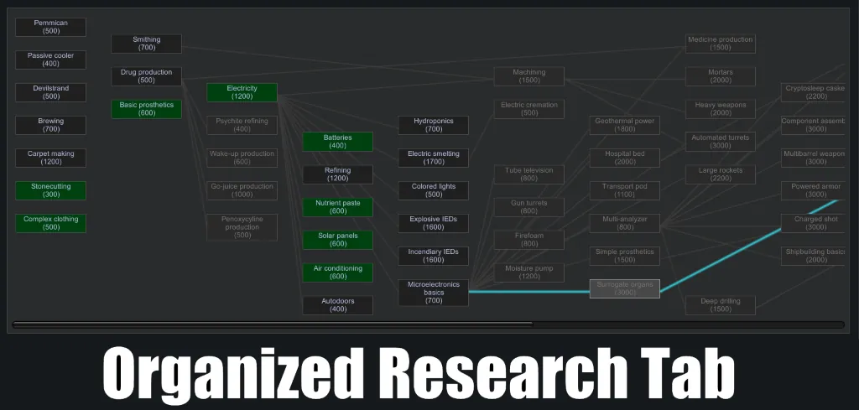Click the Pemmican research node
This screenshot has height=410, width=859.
[x=50, y=27]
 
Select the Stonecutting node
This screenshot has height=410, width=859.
[x=50, y=190]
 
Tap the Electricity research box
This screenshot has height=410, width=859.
[x=242, y=92]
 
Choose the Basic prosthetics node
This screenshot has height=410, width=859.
[x=146, y=109]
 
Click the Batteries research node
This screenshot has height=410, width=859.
[x=337, y=142]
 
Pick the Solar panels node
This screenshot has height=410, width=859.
[x=337, y=240]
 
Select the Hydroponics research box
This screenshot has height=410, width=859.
[x=433, y=125]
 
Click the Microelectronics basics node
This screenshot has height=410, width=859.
[x=433, y=293]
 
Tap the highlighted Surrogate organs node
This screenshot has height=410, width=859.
[x=624, y=288]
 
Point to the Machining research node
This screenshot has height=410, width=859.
[x=528, y=76]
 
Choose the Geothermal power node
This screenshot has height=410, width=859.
[x=624, y=125]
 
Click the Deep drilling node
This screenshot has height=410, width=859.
[x=720, y=305]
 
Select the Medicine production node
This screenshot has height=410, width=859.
[x=720, y=44]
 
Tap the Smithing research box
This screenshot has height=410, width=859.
[x=146, y=44]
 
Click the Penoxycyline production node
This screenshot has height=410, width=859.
[x=242, y=227]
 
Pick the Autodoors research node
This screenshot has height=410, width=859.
[x=337, y=305]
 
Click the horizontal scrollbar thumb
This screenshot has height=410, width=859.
[x=273, y=324]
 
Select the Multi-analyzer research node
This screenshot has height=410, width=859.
[x=624, y=223]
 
